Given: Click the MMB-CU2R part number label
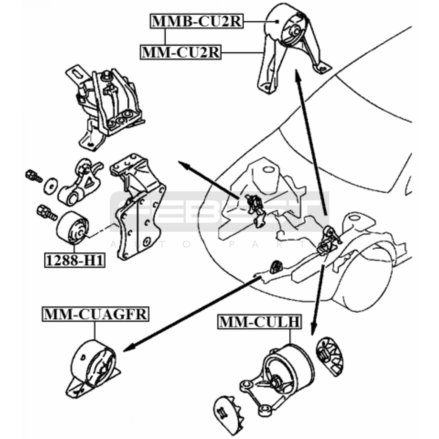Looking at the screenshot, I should pos(196,21).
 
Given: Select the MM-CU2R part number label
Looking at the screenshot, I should pos(181,52).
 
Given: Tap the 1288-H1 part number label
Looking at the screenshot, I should pos(75,260).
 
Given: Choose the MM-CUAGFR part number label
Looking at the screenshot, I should pos(95,314).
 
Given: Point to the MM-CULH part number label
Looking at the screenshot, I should pos(259,322).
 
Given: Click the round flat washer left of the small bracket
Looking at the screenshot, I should pos(51,186).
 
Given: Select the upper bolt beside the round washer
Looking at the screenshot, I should pos(33,176).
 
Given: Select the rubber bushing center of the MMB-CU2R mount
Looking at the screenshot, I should pos(296,32).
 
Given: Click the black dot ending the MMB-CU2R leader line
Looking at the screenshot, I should pos(277,22).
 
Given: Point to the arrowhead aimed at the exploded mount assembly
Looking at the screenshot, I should pos(182,164).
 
